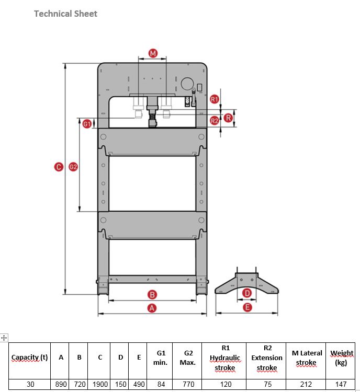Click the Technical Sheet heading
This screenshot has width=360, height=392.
coord(65,14)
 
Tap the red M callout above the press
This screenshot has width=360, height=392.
coord(152,53)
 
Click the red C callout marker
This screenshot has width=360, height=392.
coord(59,167)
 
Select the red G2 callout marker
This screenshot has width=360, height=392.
coord(73,167)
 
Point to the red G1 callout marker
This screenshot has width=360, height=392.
coord(87,123)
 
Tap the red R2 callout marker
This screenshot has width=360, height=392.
coord(215,121)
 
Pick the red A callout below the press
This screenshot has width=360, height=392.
coord(152,308)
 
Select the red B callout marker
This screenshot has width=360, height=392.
coord(152,294)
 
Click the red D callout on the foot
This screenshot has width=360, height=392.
coord(248,294)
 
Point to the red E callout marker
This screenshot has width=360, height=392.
coord(248,307)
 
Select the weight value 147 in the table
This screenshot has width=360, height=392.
coord(341,384)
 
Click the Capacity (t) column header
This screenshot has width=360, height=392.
coord(30,358)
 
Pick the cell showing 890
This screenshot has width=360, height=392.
coord(61,384)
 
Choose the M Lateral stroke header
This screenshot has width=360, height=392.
coord(306,358)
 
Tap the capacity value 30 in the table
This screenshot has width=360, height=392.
coord(30,384)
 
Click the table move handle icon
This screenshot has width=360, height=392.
coord(4,338)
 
